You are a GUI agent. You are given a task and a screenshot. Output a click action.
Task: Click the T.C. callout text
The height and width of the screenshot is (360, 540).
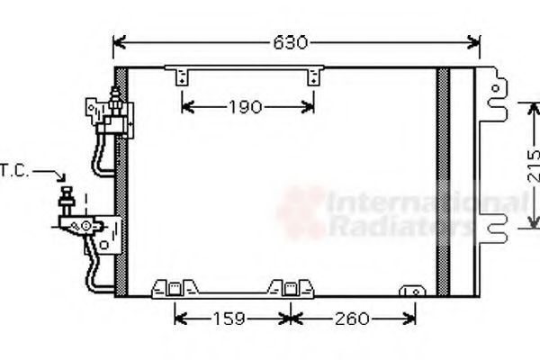[13, 169]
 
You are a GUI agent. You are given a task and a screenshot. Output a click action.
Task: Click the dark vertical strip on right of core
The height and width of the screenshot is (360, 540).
[443, 180]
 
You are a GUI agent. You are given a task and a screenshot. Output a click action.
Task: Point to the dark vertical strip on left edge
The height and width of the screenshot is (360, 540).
[121, 180]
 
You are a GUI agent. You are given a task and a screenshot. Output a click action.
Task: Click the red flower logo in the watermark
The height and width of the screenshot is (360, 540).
[300, 212]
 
